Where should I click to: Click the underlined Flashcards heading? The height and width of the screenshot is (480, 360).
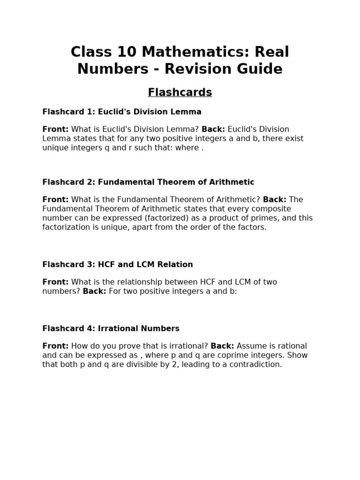pyautogui.click(x=180, y=92)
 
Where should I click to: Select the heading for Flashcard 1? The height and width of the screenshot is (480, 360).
pyautogui.click(x=122, y=112)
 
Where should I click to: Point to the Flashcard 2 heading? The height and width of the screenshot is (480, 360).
pyautogui.click(x=148, y=182)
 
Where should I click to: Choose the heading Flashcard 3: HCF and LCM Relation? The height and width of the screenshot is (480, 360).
pyautogui.click(x=118, y=264)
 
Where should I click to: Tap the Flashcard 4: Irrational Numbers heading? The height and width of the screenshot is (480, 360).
pyautogui.click(x=111, y=328)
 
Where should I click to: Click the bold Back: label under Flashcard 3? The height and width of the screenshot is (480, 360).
pyautogui.click(x=95, y=291)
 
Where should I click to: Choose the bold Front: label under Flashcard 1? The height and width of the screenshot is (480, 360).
pyautogui.click(x=55, y=129)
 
